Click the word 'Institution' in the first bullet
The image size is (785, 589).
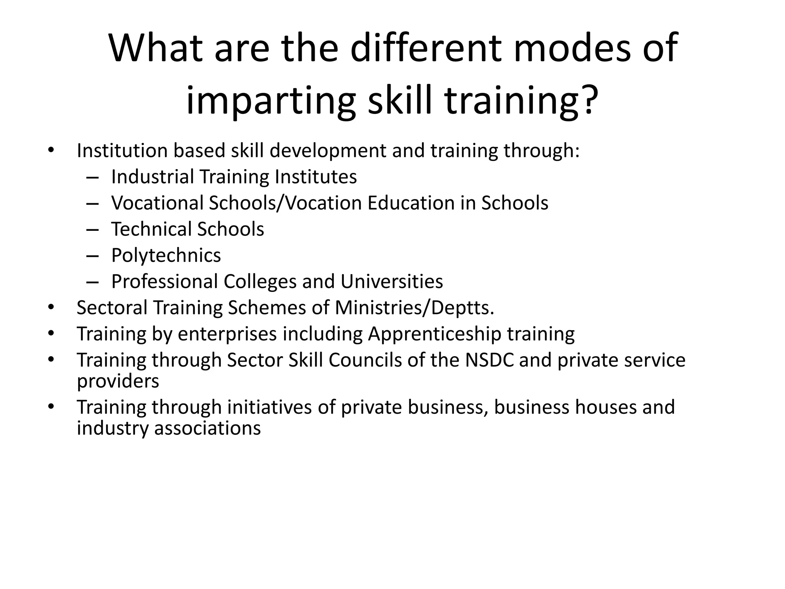tap(122, 150)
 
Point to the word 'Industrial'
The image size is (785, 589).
tap(153, 177)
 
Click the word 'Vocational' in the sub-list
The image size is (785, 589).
tap(157, 203)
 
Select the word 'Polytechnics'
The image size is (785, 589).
tap(166, 255)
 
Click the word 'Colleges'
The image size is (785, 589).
tap(260, 281)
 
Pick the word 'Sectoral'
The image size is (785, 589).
tap(112, 308)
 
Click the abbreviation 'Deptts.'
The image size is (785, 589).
tap(463, 308)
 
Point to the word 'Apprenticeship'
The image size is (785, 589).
tap(435, 334)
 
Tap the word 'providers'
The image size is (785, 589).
tap(118, 381)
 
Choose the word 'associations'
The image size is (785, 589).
tap(207, 428)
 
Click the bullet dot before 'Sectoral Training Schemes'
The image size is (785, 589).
tap(51, 308)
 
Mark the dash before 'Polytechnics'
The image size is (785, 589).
tap(92, 256)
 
